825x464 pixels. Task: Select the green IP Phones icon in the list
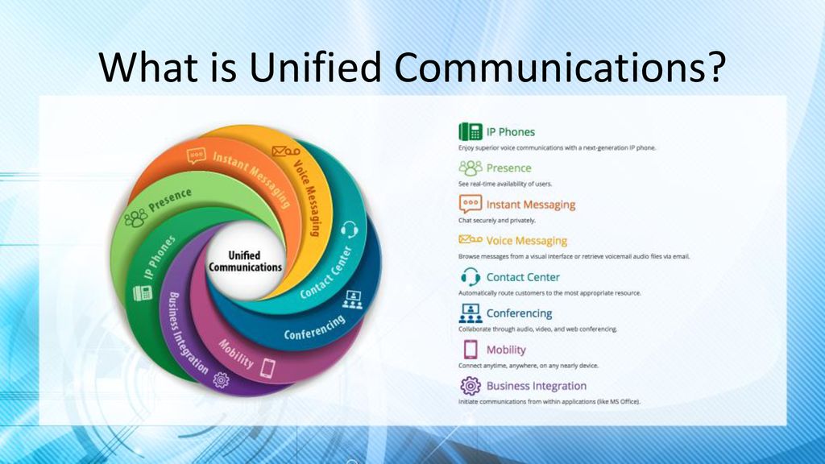[x=471, y=131]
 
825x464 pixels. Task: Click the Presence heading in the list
[x=508, y=168]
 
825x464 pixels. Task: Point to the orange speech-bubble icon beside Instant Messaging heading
[x=471, y=204]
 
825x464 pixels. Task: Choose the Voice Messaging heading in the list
[x=526, y=241]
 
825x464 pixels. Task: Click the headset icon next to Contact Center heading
[x=471, y=277]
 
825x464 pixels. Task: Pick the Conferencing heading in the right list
[x=519, y=313]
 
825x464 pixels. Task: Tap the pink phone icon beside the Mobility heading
[x=471, y=350]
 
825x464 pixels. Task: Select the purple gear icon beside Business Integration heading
[x=471, y=386]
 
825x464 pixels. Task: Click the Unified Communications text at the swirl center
[x=245, y=261]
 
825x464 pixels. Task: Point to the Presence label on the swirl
[x=170, y=200]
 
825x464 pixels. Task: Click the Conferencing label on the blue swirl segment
[x=315, y=327]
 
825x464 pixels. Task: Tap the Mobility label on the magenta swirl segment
[x=236, y=354]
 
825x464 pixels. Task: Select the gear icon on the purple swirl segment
[x=221, y=380]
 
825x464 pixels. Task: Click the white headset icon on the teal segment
[x=349, y=230]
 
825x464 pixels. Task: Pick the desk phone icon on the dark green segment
[x=142, y=292]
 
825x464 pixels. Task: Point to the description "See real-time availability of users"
[x=505, y=184]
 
